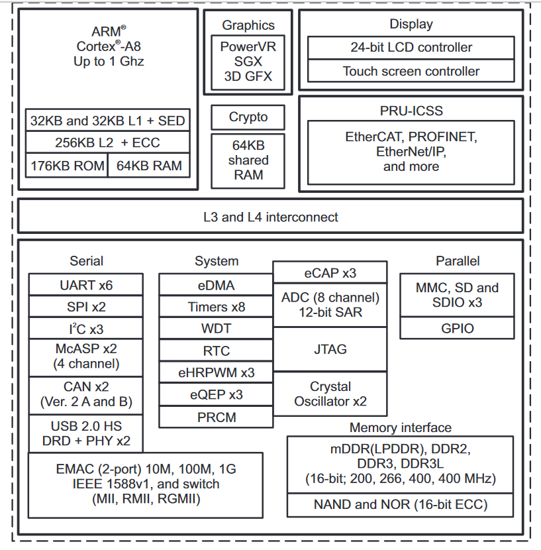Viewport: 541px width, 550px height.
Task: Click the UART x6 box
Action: pyautogui.click(x=86, y=284)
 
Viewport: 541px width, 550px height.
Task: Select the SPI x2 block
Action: pyautogui.click(x=86, y=307)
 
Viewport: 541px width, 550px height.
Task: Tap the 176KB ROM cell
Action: pyautogui.click(x=67, y=166)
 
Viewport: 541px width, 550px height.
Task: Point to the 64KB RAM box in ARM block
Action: pyautogui.click(x=149, y=166)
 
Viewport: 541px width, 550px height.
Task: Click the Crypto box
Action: pyautogui.click(x=248, y=117)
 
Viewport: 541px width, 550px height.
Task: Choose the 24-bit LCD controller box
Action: pyautogui.click(x=411, y=47)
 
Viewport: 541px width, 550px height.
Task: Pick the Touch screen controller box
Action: pyautogui.click(x=411, y=71)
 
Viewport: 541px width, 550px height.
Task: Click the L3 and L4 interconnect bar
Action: pyautogui.click(x=270, y=216)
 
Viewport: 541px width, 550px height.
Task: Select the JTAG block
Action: pyautogui.click(x=330, y=349)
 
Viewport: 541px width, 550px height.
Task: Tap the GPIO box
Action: pyautogui.click(x=457, y=328)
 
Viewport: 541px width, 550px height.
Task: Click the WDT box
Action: pyautogui.click(x=216, y=328)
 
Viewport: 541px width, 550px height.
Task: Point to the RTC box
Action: pyautogui.click(x=216, y=350)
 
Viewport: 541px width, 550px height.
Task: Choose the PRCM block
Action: pyautogui.click(x=216, y=417)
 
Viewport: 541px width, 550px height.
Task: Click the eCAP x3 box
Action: pyautogui.click(x=330, y=272)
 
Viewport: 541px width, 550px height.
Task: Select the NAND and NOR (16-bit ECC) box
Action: pyautogui.click(x=401, y=505)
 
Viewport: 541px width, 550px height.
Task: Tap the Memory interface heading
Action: pyautogui.click(x=401, y=427)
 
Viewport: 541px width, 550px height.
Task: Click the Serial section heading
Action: pyautogui.click(x=86, y=260)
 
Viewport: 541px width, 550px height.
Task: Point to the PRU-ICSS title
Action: pyautogui.click(x=411, y=111)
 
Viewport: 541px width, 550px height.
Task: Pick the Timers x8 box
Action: pyautogui.click(x=216, y=307)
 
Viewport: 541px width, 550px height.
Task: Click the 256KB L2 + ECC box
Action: pyautogui.click(x=108, y=142)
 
